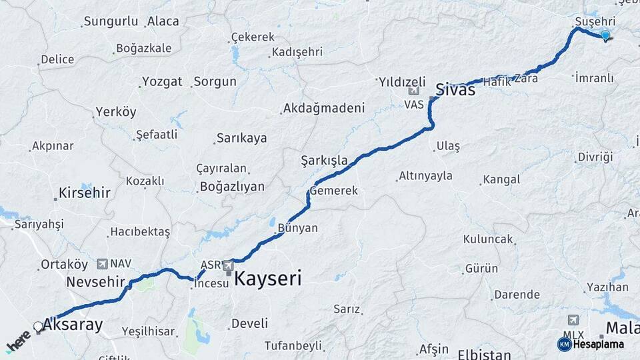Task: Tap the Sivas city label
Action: tap(455, 89)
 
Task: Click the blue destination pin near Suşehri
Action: tap(605, 36)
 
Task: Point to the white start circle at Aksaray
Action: tap(39, 327)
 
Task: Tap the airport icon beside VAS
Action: tap(415, 91)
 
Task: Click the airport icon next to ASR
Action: tap(229, 265)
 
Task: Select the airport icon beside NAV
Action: tap(102, 264)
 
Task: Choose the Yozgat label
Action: tap(161, 82)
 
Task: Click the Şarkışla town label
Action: tap(325, 161)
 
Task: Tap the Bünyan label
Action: tap(298, 228)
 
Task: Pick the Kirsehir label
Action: tap(84, 193)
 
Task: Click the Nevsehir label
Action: tap(96, 282)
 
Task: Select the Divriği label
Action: tap(595, 157)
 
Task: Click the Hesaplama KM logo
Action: tap(591, 344)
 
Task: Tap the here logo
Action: tap(18, 342)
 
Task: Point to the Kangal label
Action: tap(501, 179)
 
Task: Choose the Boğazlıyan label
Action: tap(231, 187)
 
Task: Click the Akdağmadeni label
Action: tap(324, 108)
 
